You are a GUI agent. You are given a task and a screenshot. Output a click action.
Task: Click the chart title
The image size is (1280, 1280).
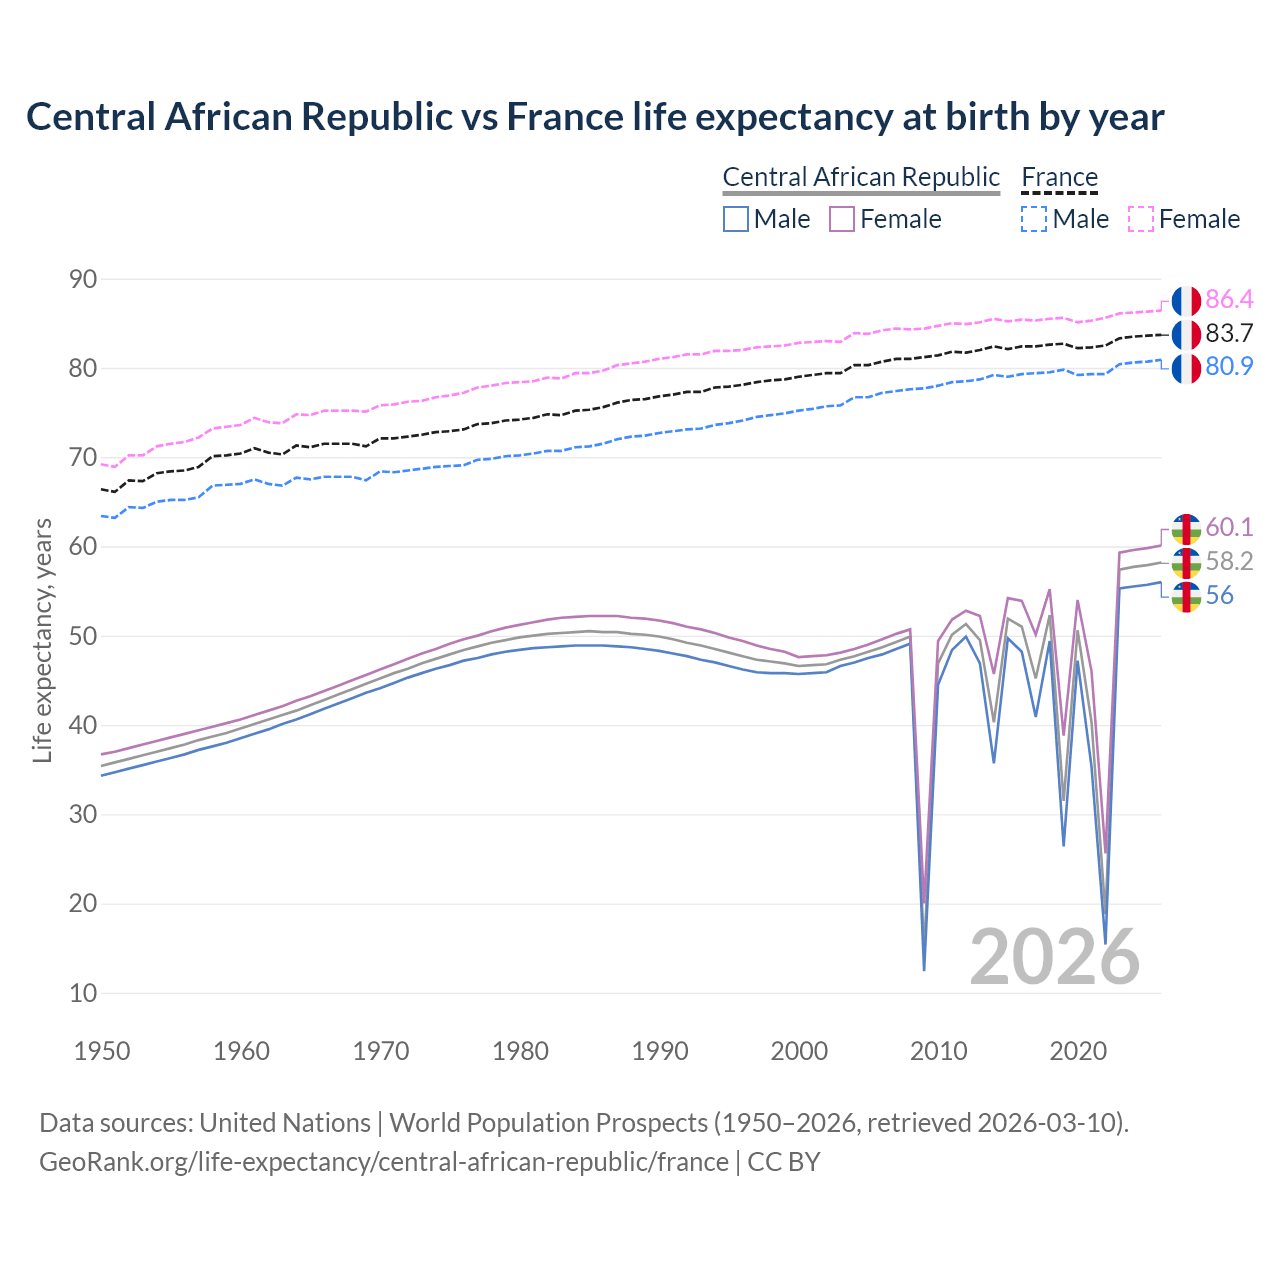(x=595, y=117)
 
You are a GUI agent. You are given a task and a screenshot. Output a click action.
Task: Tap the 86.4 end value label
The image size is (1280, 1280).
(x=1229, y=299)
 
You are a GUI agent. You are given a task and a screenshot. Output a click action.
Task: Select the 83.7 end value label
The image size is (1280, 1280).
(x=1229, y=333)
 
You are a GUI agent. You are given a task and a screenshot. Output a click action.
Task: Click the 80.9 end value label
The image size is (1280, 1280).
(x=1229, y=366)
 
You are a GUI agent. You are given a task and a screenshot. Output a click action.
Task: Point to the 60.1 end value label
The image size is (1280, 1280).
(x=1229, y=527)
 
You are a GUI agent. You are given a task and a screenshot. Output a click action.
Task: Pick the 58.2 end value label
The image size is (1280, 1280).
(x=1229, y=561)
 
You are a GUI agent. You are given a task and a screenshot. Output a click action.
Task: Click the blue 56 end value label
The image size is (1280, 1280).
(x=1219, y=595)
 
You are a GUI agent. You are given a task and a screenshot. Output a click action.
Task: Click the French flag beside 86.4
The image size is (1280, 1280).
(x=1185, y=300)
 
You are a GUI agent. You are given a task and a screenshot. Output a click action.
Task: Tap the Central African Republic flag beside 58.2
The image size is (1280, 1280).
(x=1185, y=562)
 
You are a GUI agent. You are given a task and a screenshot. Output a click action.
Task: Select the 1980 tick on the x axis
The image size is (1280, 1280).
(x=521, y=1051)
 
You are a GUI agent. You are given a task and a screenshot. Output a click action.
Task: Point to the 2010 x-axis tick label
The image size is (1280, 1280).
(x=938, y=1051)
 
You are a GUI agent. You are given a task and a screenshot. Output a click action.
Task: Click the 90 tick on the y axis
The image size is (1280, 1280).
(x=83, y=279)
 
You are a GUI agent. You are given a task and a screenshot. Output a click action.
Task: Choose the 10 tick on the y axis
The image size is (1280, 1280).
(x=83, y=993)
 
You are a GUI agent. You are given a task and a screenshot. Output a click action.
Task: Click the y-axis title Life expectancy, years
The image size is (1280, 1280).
(x=43, y=640)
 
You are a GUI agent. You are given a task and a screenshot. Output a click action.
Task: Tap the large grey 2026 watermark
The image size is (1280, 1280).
(x=1055, y=957)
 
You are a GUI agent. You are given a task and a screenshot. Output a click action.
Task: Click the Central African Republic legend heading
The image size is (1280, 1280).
(x=861, y=177)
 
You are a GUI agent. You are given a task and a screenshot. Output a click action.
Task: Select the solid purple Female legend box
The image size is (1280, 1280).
(x=842, y=219)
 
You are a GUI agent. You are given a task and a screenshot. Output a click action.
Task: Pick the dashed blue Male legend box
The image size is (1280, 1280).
(x=1034, y=219)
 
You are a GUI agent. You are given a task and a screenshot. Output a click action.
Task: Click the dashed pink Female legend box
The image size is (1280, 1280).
(x=1141, y=219)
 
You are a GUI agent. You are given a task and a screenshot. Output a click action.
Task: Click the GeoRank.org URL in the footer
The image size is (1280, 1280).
(x=384, y=1162)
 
